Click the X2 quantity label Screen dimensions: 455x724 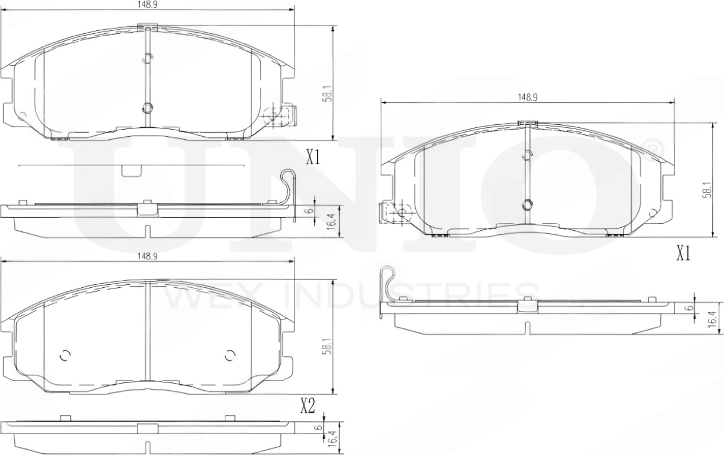(306, 406)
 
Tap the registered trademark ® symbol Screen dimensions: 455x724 (652, 146)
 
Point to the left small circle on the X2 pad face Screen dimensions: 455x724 (65, 355)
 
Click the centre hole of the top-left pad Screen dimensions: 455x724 (148, 108)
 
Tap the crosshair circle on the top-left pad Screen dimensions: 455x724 (275, 114)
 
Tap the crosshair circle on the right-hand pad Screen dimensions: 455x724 (401, 212)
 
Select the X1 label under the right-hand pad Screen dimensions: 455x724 (682, 254)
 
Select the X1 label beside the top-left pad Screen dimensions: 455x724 (313, 158)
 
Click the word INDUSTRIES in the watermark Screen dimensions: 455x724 (411, 296)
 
